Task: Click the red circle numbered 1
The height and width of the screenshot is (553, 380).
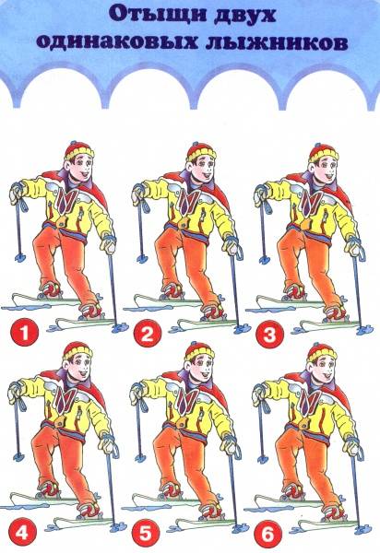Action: [24, 333]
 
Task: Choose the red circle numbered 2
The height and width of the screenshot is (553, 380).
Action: [148, 333]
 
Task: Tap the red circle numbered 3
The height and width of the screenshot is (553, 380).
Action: [269, 333]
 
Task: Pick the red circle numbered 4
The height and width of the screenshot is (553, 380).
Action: [22, 532]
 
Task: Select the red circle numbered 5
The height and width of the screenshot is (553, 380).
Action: [146, 534]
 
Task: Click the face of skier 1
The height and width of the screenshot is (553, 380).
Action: [81, 167]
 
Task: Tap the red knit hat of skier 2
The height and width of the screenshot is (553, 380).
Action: [201, 151]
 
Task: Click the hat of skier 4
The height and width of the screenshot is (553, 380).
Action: [78, 352]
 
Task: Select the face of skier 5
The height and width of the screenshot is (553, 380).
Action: [201, 369]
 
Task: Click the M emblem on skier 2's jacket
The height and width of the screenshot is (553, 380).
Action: [186, 202]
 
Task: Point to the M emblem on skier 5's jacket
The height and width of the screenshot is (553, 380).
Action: [184, 401]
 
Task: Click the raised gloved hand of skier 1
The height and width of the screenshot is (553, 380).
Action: [17, 193]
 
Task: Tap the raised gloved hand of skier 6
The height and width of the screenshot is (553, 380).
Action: [260, 394]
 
